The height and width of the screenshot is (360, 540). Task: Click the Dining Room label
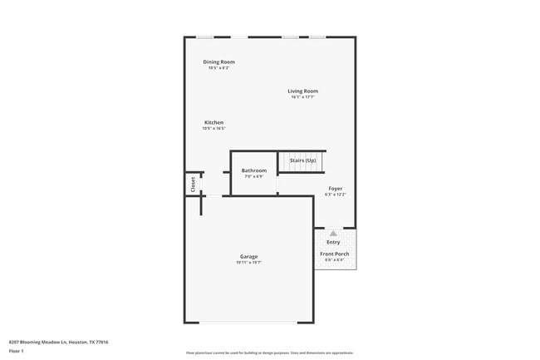(219, 62)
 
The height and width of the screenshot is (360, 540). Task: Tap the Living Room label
(302, 91)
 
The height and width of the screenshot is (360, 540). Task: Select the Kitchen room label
(214, 122)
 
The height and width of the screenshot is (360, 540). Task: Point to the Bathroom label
(254, 170)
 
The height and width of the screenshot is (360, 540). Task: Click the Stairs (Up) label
(302, 160)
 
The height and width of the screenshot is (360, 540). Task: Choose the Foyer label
(335, 189)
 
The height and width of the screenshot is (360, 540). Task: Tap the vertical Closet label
(193, 184)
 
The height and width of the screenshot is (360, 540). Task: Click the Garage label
(248, 256)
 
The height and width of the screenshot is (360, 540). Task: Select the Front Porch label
(334, 254)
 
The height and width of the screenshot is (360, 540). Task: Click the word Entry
(333, 242)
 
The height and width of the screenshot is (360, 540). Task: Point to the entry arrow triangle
(333, 234)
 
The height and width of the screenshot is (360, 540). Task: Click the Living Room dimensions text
(302, 97)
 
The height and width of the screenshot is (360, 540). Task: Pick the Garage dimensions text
(248, 263)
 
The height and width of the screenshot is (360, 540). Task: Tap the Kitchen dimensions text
(214, 129)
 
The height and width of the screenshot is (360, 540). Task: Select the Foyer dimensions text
(335, 195)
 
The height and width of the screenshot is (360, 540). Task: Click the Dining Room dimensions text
(218, 67)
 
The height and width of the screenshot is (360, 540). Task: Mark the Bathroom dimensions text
(253, 176)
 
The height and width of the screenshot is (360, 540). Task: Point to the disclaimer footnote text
(270, 353)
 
